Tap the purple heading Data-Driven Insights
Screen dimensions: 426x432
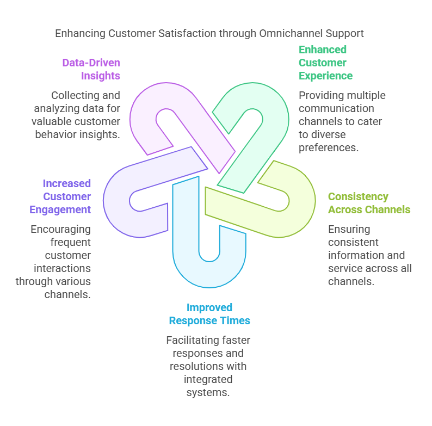tap(91, 69)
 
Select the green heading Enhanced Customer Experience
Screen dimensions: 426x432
tap(325, 63)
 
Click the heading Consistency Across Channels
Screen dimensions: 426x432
tap(369, 203)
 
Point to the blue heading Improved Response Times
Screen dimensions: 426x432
tap(209, 314)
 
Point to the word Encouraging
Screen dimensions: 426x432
tap(60, 229)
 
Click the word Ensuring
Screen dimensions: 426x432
tap(349, 229)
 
